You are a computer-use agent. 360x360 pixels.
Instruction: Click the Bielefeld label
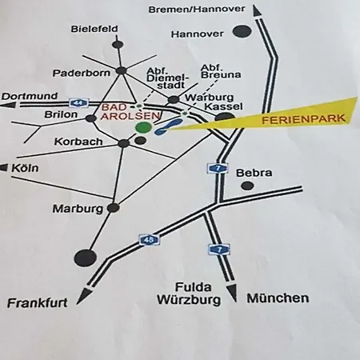pyautogui.click(x=94, y=29)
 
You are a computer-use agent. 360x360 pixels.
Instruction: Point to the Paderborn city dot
pyautogui.click(x=121, y=71)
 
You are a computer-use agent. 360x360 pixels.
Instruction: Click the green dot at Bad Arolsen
pyautogui.click(x=143, y=126)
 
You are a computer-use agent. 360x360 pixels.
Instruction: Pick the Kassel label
pyautogui.click(x=218, y=106)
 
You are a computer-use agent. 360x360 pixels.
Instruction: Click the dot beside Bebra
pyautogui.click(x=248, y=186)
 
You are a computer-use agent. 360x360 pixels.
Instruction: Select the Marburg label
pyautogui.click(x=78, y=209)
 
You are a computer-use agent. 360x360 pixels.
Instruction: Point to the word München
pyautogui.click(x=278, y=298)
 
